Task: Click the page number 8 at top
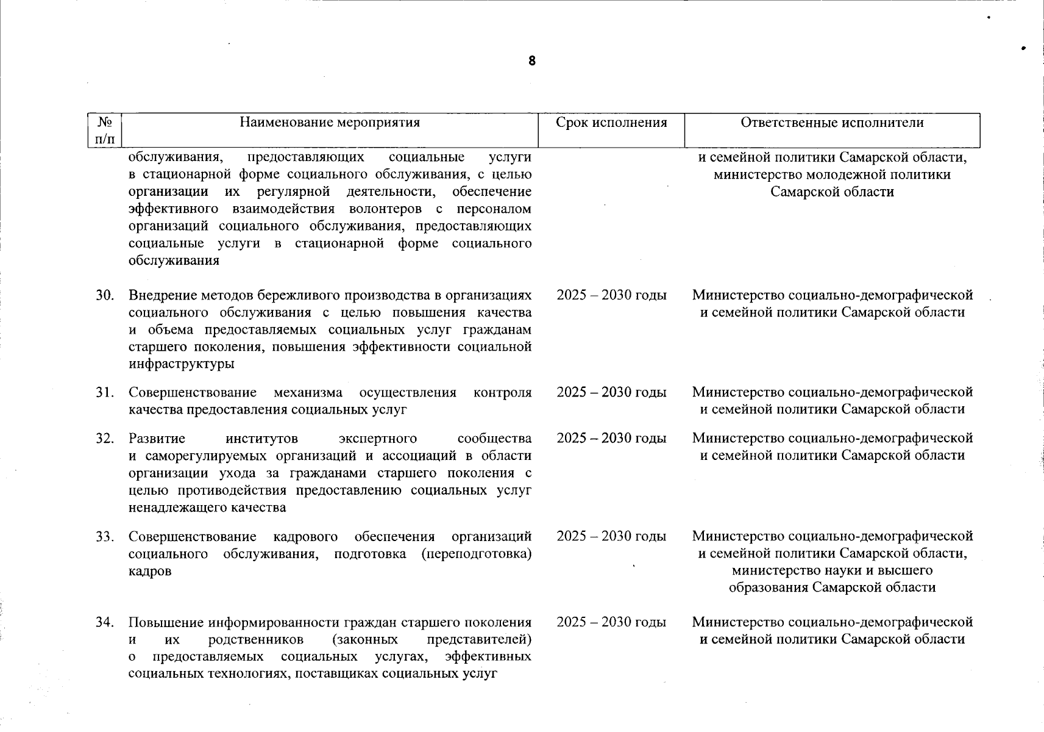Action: [x=532, y=61]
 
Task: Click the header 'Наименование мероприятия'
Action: [x=330, y=123]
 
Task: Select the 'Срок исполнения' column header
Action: [x=611, y=123]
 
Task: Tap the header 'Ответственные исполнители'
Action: [x=832, y=123]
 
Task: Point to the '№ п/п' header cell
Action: [x=105, y=131]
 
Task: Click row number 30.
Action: [x=105, y=296]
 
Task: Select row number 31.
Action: [x=105, y=393]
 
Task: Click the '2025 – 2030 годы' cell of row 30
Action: [x=611, y=296]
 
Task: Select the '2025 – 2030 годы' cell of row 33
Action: [x=611, y=537]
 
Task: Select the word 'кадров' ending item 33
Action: [x=150, y=572]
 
